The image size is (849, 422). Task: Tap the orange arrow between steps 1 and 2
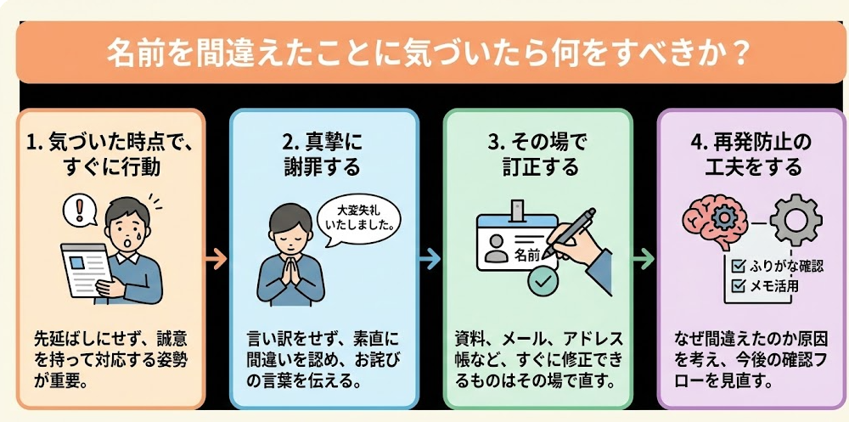click(x=216, y=259)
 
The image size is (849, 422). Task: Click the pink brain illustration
click(x=715, y=222)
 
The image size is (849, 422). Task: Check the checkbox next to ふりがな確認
click(x=738, y=266)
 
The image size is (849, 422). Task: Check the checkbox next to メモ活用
click(x=738, y=284)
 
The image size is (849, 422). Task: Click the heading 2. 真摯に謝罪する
click(x=322, y=155)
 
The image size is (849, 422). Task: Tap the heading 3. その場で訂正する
click(x=537, y=155)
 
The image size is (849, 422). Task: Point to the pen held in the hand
click(x=570, y=232)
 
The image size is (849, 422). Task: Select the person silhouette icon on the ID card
click(x=493, y=250)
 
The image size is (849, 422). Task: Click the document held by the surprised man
click(x=86, y=270)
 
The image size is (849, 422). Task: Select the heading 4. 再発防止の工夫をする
click(x=752, y=155)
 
